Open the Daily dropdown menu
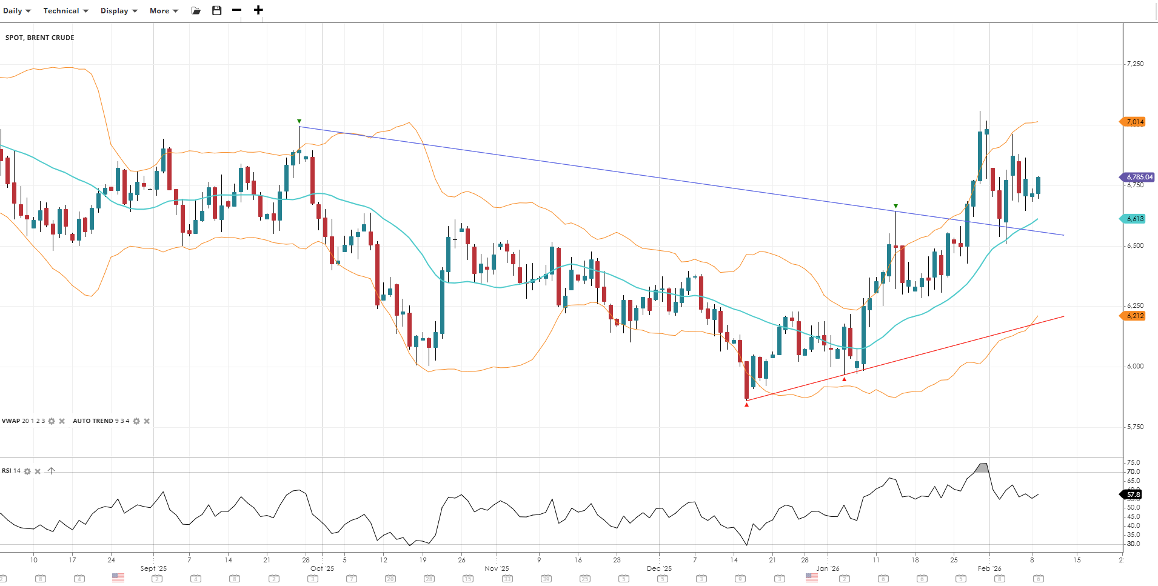click(x=16, y=11)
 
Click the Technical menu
click(x=65, y=11)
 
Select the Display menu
click(x=119, y=11)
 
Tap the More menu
click(x=164, y=11)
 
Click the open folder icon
click(x=196, y=11)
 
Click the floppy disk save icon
click(x=216, y=11)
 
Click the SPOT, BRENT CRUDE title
click(x=40, y=38)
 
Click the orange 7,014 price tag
click(x=1134, y=122)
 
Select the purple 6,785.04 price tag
click(x=1138, y=177)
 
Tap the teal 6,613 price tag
click(x=1134, y=219)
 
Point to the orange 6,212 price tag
click(x=1134, y=316)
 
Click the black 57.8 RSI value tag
click(x=1133, y=494)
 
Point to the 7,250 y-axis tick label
click(x=1135, y=64)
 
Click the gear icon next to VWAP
click(x=52, y=421)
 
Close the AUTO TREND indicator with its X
click(x=147, y=421)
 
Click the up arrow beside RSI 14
click(x=51, y=471)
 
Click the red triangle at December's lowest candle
click(x=746, y=404)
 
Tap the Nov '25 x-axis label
click(x=497, y=568)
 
